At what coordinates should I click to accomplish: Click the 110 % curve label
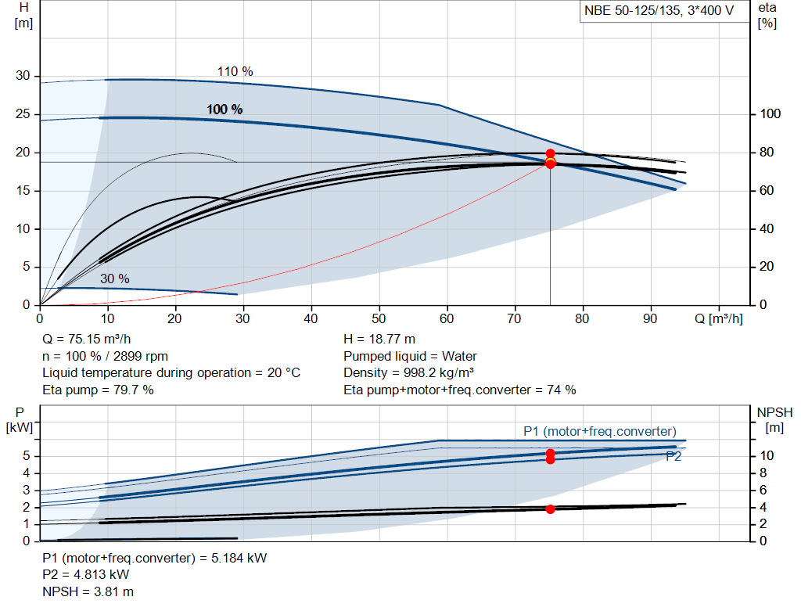[235, 71]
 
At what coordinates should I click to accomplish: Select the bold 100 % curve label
[224, 110]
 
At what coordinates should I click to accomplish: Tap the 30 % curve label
[114, 279]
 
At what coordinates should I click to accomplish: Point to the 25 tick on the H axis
[23, 114]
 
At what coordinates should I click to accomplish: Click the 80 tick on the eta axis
[770, 153]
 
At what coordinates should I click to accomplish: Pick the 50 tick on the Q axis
[379, 318]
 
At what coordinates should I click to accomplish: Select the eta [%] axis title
[767, 15]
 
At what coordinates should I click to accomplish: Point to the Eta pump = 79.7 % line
[98, 390]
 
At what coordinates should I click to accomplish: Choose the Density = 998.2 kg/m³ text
[409, 373]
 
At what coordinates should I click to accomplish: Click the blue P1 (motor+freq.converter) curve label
[599, 431]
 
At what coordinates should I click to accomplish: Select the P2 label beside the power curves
[673, 457]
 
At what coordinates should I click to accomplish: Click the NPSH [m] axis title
[774, 419]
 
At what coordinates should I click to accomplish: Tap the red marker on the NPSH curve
[550, 509]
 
